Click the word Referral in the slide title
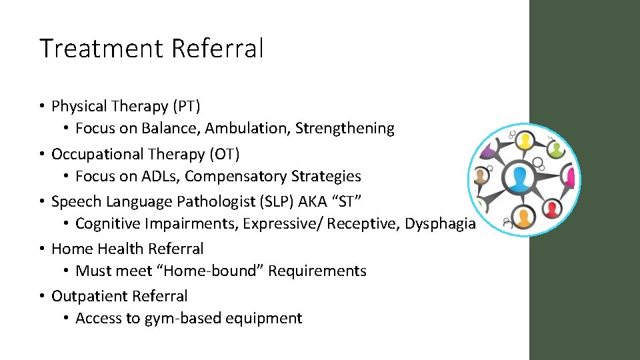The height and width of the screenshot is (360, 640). coord(217,49)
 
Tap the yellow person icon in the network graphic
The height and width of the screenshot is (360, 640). coord(525,141)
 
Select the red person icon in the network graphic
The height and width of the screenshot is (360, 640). coord(551,210)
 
